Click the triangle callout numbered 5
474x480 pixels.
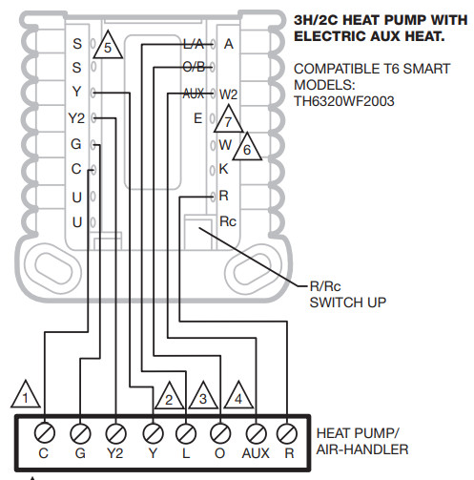coord(108,46)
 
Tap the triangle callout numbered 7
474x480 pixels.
coord(226,120)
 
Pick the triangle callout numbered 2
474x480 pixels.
coord(169,398)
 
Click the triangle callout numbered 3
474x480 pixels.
coord(202,398)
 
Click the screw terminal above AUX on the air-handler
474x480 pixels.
coord(255,429)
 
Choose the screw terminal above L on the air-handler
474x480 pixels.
coord(185,429)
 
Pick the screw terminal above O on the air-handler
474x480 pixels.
coord(219,429)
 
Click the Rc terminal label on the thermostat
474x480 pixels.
coord(228,219)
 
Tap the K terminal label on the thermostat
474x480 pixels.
coord(223,169)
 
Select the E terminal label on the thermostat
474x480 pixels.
coord(197,119)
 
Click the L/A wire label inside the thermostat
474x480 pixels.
coord(194,44)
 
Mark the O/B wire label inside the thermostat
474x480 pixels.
coord(194,69)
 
